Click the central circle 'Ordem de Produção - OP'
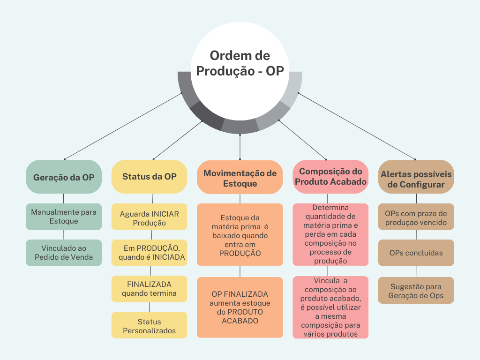[x=240, y=64]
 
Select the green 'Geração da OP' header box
[x=64, y=177]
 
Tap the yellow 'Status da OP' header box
[x=149, y=177]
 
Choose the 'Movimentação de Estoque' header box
[x=240, y=177]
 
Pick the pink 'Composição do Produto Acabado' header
[x=330, y=177]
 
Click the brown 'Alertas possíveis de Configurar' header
[x=416, y=177]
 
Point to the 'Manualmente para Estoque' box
[x=64, y=217]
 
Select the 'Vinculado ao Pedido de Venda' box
[x=64, y=253]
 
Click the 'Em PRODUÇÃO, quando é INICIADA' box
[x=149, y=253]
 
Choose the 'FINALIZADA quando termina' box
[x=149, y=289]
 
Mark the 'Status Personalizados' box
[x=149, y=325]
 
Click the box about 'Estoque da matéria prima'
[x=240, y=234]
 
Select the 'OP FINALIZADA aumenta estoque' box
[x=240, y=307]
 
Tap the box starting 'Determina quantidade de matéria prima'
[x=330, y=234]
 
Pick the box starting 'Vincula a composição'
[x=330, y=307]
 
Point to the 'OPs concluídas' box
[x=416, y=253]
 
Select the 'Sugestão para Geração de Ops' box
[x=416, y=291]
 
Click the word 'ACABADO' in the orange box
[x=240, y=321]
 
